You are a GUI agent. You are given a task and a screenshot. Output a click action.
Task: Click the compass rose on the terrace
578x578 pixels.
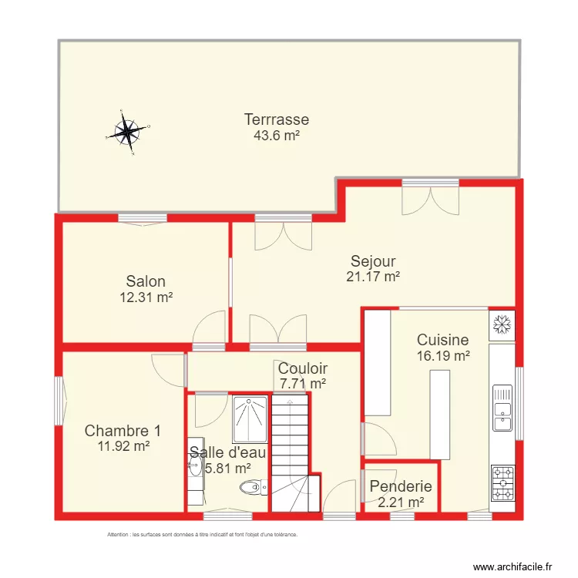click(x=126, y=132)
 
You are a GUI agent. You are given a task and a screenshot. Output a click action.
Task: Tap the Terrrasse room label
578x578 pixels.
click(x=277, y=119)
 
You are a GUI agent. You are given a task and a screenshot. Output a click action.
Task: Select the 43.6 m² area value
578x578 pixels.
click(x=277, y=135)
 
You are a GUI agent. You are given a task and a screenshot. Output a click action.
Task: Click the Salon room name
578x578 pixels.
click(x=146, y=282)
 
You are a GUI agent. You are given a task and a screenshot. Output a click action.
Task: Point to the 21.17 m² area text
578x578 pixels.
click(x=373, y=276)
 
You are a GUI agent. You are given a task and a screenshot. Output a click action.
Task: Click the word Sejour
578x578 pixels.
click(x=373, y=260)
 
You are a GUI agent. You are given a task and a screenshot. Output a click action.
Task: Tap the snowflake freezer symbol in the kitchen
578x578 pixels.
click(x=502, y=324)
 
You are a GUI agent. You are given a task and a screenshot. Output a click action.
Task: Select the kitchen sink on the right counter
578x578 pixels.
click(x=502, y=415)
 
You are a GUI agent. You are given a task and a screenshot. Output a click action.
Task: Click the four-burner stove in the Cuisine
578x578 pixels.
click(x=502, y=483)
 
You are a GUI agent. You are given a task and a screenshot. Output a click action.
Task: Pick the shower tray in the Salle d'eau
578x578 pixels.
click(x=250, y=420)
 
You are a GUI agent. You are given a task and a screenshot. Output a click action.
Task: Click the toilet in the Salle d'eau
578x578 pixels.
click(x=251, y=487)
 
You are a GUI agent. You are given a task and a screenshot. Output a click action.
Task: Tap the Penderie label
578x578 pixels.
click(x=400, y=487)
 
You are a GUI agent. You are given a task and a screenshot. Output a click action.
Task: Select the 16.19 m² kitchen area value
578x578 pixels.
click(x=443, y=355)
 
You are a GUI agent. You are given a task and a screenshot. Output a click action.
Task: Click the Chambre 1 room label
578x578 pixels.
click(x=123, y=430)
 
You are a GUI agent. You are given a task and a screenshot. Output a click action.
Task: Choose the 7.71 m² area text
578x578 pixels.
click(x=303, y=383)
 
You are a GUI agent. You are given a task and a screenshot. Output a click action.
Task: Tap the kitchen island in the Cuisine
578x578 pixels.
click(x=439, y=414)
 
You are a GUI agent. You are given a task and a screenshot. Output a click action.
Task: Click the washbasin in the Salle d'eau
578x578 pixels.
click(x=193, y=467)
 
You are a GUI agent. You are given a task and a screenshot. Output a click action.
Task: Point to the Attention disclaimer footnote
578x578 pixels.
click(x=202, y=534)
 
